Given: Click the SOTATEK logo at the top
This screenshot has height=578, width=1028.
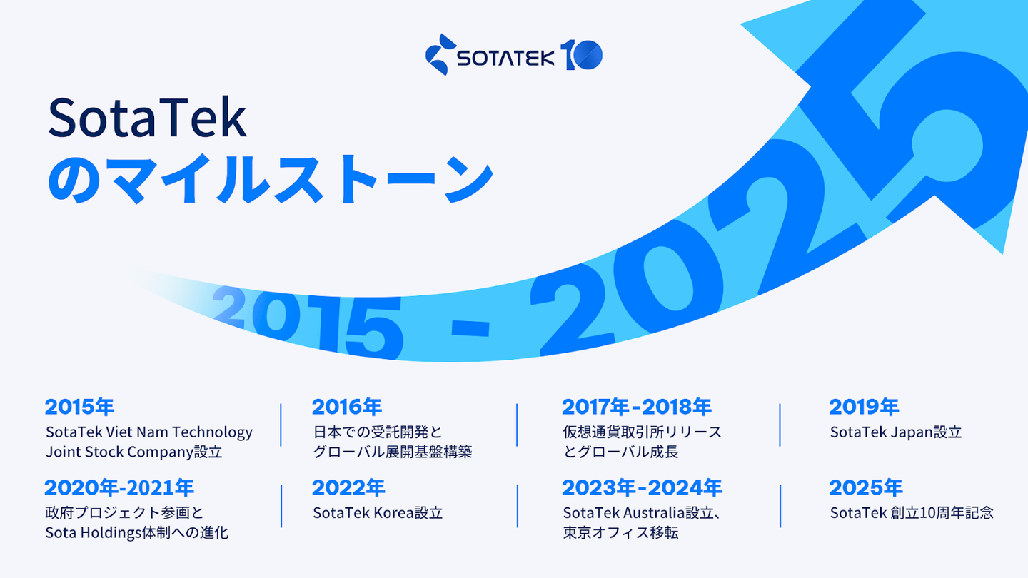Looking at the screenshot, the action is click(513, 55).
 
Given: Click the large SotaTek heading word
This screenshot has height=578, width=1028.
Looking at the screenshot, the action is click(147, 118).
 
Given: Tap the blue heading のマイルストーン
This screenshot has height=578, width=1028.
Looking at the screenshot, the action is click(271, 179).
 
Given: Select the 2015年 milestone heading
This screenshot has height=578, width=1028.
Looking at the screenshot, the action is click(79, 407).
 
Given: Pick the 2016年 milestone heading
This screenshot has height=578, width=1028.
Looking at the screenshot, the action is click(347, 407).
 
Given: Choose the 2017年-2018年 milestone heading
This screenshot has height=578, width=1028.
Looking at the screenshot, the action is click(637, 407).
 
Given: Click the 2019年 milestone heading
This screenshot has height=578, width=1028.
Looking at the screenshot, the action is click(864, 407).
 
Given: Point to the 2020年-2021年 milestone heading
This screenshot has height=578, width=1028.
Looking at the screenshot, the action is click(119, 487).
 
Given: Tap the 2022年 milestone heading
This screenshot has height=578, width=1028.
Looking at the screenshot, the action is click(348, 487).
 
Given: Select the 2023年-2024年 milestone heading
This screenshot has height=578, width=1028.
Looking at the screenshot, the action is click(642, 487).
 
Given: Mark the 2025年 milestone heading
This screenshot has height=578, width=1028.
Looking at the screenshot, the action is click(866, 487).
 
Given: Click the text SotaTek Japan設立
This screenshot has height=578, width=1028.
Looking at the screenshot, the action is click(896, 432).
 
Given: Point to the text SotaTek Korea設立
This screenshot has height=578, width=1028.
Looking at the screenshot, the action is click(378, 513).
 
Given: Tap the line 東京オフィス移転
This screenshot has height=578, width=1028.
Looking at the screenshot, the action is click(620, 533).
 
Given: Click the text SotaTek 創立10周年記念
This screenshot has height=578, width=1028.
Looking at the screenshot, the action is click(912, 513).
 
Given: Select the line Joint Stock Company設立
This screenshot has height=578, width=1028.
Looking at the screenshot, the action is click(134, 452).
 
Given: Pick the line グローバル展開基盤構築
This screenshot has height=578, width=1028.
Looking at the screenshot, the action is click(393, 452).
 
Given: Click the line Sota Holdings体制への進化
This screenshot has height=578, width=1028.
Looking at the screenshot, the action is click(137, 533).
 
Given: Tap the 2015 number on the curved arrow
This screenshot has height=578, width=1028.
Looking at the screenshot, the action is click(308, 321).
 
